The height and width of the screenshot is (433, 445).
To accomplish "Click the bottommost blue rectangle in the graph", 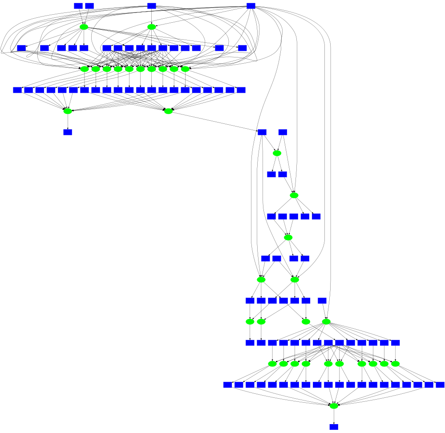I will [x=334, y=427].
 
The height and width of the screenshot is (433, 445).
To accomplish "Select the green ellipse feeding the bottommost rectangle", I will [x=334, y=405].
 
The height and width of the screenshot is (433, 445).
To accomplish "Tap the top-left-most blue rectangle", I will [x=78, y=6].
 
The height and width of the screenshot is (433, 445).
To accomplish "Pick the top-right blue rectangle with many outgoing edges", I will [x=251, y=6].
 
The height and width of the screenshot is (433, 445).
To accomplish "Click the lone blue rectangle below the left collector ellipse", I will [x=68, y=132].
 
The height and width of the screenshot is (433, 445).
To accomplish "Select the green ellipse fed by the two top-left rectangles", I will [x=84, y=27].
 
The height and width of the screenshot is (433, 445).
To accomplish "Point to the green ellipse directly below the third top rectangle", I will [x=151, y=27].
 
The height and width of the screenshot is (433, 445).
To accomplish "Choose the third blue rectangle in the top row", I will [x=151, y=6].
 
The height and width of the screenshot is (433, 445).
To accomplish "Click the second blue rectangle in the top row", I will [x=89, y=6].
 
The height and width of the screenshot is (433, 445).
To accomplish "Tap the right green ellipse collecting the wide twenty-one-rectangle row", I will [x=168, y=111].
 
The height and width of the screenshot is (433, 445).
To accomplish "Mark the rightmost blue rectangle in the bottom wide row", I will [x=440, y=384].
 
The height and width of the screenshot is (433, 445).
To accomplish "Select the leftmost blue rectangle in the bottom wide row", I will [x=228, y=384].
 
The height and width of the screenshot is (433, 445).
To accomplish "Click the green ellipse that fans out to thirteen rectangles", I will [x=326, y=321].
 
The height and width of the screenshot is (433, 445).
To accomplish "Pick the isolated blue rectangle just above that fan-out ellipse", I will [x=322, y=300].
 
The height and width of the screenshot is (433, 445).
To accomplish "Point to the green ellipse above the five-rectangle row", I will [x=294, y=195].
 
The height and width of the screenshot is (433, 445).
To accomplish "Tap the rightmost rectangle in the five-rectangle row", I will [x=316, y=216].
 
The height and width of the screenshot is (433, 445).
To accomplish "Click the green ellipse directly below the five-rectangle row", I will [x=288, y=237].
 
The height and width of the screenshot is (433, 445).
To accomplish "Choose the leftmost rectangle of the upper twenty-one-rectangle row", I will [x=17, y=90].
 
